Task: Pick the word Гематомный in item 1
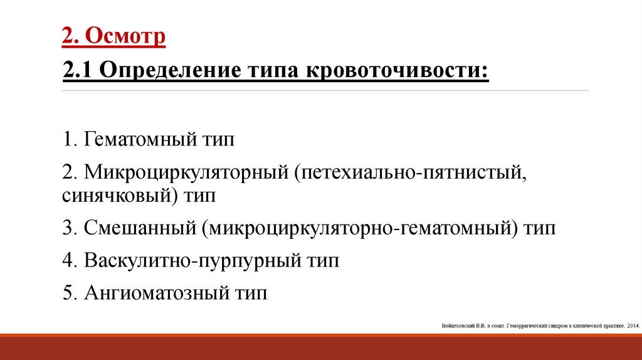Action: pyautogui.click(x=139, y=140)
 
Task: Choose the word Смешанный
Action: pyautogui.click(x=137, y=228)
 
